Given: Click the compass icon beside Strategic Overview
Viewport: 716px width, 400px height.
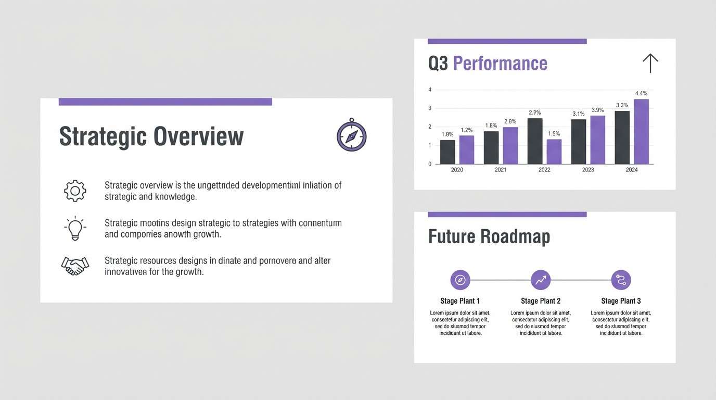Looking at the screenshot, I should pyautogui.click(x=352, y=136).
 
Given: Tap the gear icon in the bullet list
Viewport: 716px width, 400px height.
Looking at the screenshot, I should pyautogui.click(x=75, y=191).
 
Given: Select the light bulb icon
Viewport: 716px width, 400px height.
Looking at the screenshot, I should pyautogui.click(x=75, y=228).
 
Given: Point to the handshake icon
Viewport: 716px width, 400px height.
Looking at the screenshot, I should pyautogui.click(x=75, y=266).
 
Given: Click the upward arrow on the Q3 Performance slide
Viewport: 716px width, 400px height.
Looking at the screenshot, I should pyautogui.click(x=650, y=64).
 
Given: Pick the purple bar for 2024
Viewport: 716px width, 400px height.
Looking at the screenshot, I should pyautogui.click(x=641, y=132).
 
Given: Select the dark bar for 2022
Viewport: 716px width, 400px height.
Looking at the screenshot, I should pyautogui.click(x=535, y=141).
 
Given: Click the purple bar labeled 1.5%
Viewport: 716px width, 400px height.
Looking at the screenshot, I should pyautogui.click(x=554, y=152).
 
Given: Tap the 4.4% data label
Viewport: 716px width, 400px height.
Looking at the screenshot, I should pyautogui.click(x=641, y=94).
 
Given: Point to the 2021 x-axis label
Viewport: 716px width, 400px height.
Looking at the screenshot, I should pyautogui.click(x=501, y=170).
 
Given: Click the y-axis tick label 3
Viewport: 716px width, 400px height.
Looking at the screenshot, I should pyautogui.click(x=430, y=108).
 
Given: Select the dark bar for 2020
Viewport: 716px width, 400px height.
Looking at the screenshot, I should pyautogui.click(x=448, y=152).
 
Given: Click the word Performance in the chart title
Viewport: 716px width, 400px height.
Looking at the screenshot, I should pyautogui.click(x=500, y=64).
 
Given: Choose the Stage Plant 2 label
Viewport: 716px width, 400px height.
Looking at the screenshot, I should pyautogui.click(x=541, y=301).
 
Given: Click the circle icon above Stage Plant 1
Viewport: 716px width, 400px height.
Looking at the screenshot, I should pyautogui.click(x=460, y=280).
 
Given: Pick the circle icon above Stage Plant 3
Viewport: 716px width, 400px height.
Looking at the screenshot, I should pyautogui.click(x=621, y=280).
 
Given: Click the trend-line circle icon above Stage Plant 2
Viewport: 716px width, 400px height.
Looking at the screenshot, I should pyautogui.click(x=541, y=280).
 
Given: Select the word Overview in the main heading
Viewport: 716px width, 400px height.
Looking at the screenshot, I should pyautogui.click(x=198, y=136).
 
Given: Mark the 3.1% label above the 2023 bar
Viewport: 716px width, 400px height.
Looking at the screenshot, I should pyautogui.click(x=578, y=114).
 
